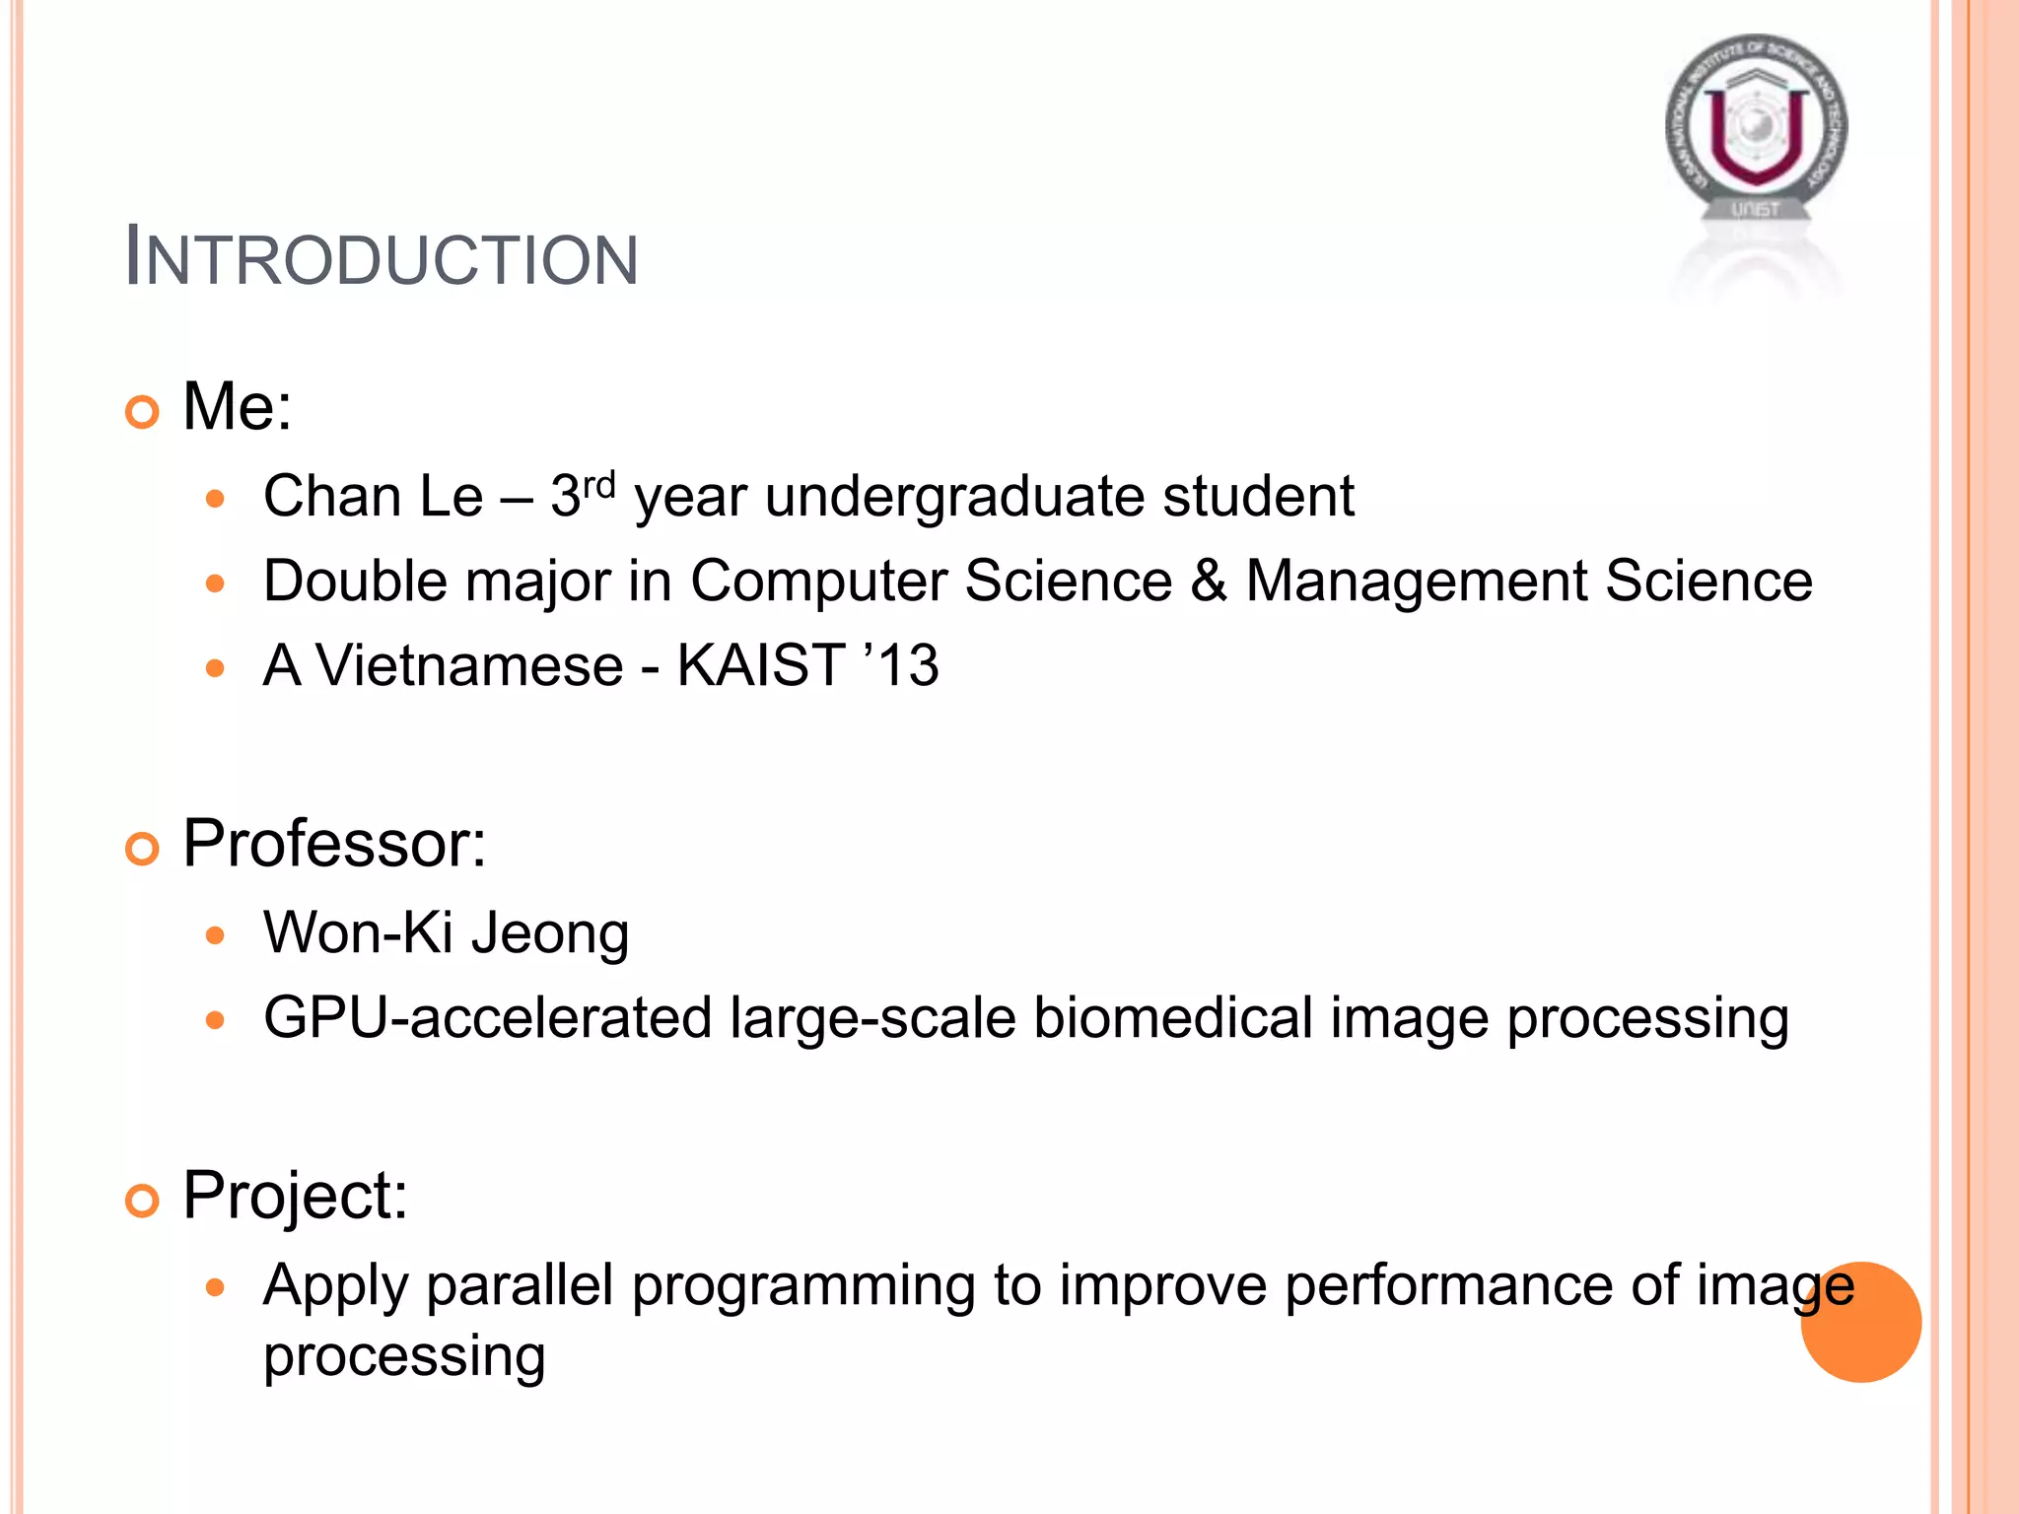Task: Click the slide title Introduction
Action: (382, 259)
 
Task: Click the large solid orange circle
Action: (1860, 1322)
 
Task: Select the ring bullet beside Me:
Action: (143, 411)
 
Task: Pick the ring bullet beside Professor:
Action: (143, 849)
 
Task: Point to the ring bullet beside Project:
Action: (143, 1201)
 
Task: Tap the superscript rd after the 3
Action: (598, 485)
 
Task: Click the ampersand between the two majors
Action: (1209, 581)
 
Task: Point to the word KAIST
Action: (760, 665)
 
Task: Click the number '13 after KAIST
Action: (901, 664)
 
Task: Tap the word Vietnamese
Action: (469, 665)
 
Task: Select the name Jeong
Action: (550, 934)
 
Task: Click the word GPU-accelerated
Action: (487, 1018)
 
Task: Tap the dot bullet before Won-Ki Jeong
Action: (216, 934)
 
